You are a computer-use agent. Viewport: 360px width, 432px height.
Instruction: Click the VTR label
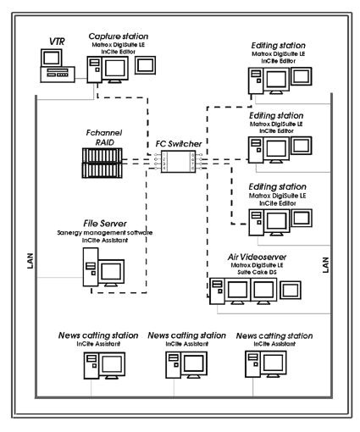click(57, 42)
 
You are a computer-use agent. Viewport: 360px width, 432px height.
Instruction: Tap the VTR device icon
click(58, 66)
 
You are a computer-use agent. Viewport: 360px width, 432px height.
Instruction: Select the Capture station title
click(119, 36)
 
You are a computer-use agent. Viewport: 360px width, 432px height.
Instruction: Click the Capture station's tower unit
click(94, 69)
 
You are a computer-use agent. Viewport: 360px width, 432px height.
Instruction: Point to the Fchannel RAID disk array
click(102, 163)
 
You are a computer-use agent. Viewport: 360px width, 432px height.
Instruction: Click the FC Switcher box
click(178, 162)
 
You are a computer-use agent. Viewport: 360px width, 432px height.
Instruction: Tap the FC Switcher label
click(179, 144)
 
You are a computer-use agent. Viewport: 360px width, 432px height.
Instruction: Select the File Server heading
click(105, 224)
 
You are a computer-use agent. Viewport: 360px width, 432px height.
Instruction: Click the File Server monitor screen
click(111, 271)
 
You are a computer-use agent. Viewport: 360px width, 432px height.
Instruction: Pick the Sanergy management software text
click(105, 233)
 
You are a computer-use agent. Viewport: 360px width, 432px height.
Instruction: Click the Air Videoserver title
click(257, 257)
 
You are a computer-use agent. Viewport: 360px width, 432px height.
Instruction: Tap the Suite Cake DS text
click(257, 272)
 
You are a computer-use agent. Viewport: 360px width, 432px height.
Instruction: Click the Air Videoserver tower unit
click(217, 291)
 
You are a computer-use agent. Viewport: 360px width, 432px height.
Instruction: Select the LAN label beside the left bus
click(30, 261)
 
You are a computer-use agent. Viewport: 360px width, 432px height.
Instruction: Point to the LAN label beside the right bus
click(325, 264)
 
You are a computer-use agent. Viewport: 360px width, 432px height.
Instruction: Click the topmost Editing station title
click(278, 46)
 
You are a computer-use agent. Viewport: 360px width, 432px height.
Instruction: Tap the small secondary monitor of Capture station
click(145, 65)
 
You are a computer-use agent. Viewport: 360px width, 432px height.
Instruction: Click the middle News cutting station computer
click(186, 365)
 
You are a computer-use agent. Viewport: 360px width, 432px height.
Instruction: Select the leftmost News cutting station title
click(98, 335)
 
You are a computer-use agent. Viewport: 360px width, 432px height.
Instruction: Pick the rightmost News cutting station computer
click(266, 364)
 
